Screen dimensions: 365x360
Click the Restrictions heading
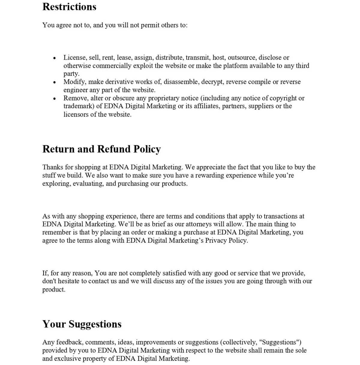coord(69,7)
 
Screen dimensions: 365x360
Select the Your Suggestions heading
coord(82,324)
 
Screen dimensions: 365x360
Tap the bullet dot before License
coord(54,58)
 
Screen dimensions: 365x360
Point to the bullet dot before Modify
coord(54,82)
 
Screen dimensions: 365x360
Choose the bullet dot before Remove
coord(54,98)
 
